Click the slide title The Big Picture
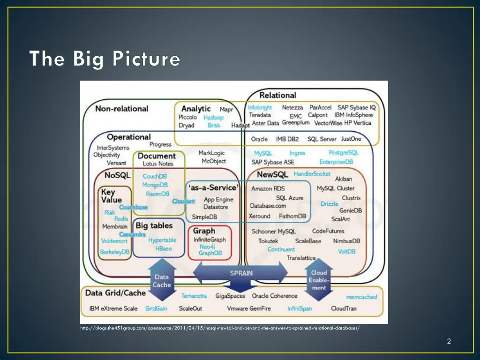[x=105, y=60]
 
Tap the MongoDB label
[x=155, y=185]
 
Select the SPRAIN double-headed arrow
[x=241, y=273]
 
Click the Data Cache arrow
[x=162, y=280]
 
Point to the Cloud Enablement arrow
[x=319, y=280]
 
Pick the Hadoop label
[x=213, y=118]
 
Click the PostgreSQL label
[x=344, y=153]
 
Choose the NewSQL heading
[x=272, y=175]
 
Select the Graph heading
[x=204, y=231]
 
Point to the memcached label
[x=361, y=297]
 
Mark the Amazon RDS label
[x=268, y=189]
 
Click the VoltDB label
[x=347, y=251]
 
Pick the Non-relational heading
[x=121, y=109]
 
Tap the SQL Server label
[x=322, y=139]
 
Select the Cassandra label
[x=132, y=234]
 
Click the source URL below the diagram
[x=220, y=328]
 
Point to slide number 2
[x=449, y=341]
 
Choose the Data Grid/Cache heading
[x=115, y=293]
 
